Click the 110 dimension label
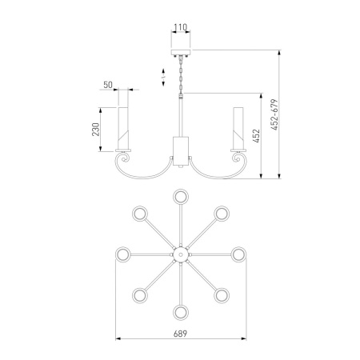pyautogui.click(x=181, y=27)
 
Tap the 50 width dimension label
pyautogui.click(x=108, y=85)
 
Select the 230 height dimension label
pyautogui.click(x=96, y=130)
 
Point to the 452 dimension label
pyautogui.click(x=256, y=136)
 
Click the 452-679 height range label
pyautogui.click(x=274, y=114)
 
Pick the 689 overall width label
pyautogui.click(x=180, y=334)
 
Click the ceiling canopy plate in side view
pyautogui.click(x=181, y=52)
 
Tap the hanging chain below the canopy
pyautogui.click(x=181, y=75)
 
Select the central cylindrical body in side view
pyautogui.click(x=181, y=151)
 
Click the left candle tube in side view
pyautogui.click(x=123, y=128)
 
